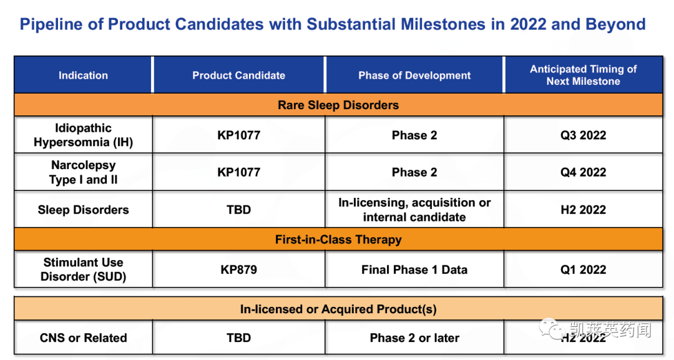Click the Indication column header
click(84, 75)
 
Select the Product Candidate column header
click(238, 75)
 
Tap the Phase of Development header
click(414, 75)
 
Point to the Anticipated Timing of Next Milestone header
click(584, 75)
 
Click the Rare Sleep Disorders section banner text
click(338, 105)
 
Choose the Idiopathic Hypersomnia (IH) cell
click(84, 135)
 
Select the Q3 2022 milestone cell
click(584, 135)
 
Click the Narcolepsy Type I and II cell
click(84, 172)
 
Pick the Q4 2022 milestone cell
click(584, 172)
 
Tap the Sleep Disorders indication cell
click(84, 210)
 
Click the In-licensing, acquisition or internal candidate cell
click(414, 210)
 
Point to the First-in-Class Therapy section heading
click(338, 240)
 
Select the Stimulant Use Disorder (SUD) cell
click(84, 270)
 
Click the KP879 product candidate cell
click(238, 270)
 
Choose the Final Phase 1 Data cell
click(414, 270)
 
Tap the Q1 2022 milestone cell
click(584, 270)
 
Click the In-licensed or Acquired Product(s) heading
click(338, 309)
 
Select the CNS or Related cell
click(84, 338)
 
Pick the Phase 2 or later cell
click(414, 338)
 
